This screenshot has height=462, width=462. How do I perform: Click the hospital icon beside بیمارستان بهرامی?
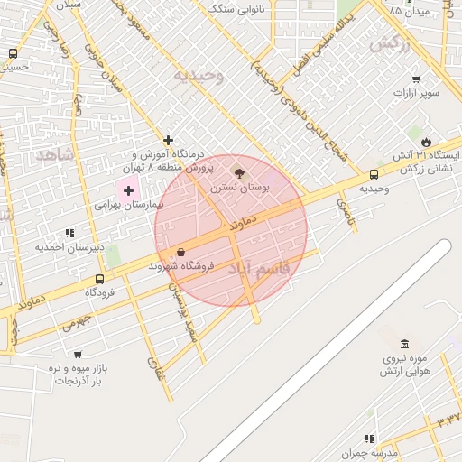point(128,190)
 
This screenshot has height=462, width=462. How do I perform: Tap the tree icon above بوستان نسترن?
point(239,171)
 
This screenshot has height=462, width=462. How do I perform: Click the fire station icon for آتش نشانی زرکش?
point(426,142)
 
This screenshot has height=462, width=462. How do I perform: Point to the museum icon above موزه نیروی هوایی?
point(403,344)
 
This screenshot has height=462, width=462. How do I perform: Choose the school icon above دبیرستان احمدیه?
point(70,233)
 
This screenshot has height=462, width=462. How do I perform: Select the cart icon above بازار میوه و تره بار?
point(77,355)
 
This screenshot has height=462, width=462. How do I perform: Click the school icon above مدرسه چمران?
point(369,438)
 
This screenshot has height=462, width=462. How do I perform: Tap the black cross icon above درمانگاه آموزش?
point(168,140)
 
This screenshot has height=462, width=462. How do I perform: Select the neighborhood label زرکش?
point(390,44)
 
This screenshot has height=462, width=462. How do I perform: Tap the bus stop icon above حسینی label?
point(12,53)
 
